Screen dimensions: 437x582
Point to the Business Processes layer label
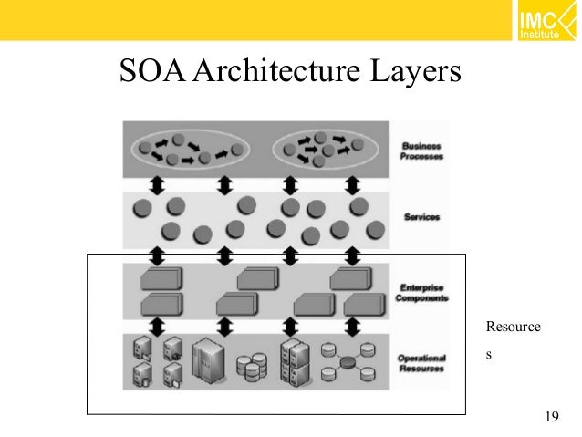tap(421, 151)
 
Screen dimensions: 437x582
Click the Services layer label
tap(421, 217)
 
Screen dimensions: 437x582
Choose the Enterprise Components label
tap(421, 290)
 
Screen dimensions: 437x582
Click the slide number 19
tap(551, 418)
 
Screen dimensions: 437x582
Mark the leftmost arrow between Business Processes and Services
tap(156, 187)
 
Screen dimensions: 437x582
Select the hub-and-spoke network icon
tap(348, 362)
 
